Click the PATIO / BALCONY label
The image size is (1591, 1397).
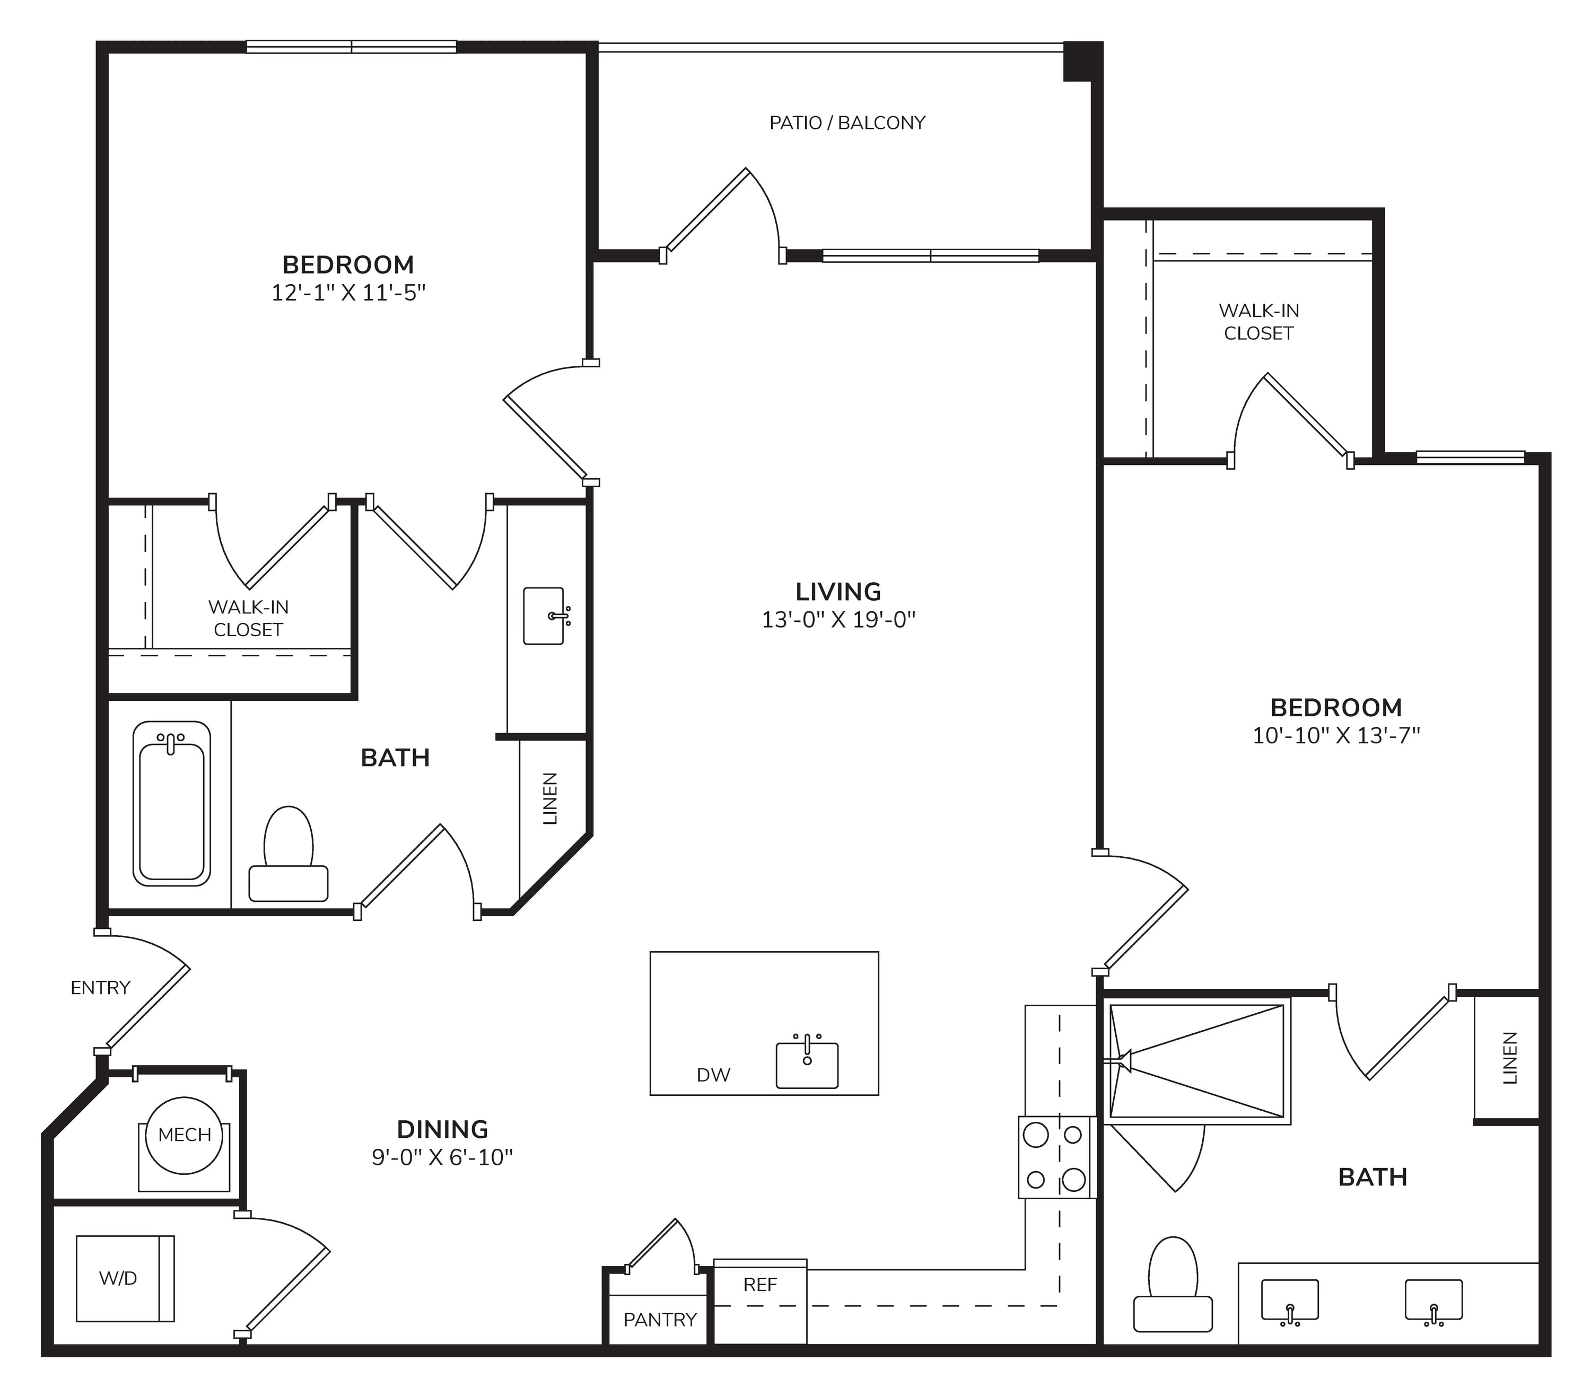(x=847, y=123)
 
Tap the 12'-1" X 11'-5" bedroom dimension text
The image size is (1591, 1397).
(x=349, y=293)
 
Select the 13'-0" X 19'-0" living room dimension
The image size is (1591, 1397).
(x=838, y=620)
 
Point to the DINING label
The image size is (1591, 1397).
(x=443, y=1129)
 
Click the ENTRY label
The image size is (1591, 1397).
(x=100, y=988)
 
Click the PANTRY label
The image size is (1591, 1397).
(x=660, y=1320)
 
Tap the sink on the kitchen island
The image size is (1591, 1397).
(x=807, y=1062)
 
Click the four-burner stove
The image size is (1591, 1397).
(x=1057, y=1157)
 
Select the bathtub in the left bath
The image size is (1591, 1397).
(x=172, y=803)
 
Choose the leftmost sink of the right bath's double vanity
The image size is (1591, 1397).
(x=1290, y=1301)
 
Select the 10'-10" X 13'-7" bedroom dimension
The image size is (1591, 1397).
(x=1336, y=735)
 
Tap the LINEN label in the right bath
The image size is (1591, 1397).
(x=1510, y=1058)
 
